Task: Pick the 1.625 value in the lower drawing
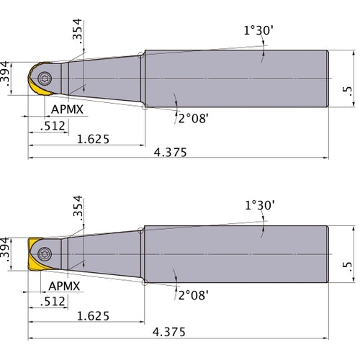pos(94,316)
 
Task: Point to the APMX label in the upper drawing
pos(68,110)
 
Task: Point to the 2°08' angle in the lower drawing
pos(193,294)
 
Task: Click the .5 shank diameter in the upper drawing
pos(348,89)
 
